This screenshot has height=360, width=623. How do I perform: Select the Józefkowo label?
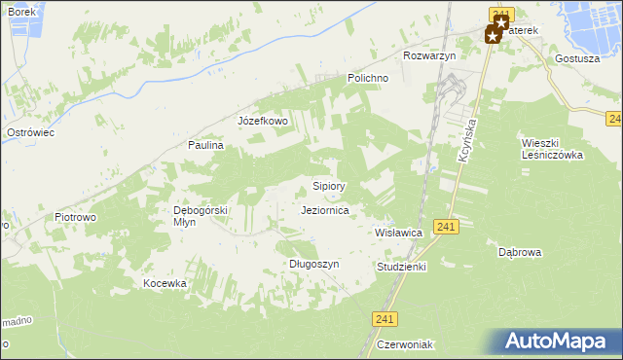(263, 122)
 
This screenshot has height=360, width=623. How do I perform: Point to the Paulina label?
(206, 145)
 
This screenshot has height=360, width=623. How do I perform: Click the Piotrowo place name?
(75, 218)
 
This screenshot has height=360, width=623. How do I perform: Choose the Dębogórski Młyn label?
(200, 215)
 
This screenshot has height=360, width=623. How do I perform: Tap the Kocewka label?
(164, 283)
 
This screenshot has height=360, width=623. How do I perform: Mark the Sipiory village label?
(329, 185)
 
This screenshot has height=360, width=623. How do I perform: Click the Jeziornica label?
(333, 210)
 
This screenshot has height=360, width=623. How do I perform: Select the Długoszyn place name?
(313, 264)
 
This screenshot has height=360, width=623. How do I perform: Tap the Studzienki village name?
(401, 266)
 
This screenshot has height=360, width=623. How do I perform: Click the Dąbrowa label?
(520, 251)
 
